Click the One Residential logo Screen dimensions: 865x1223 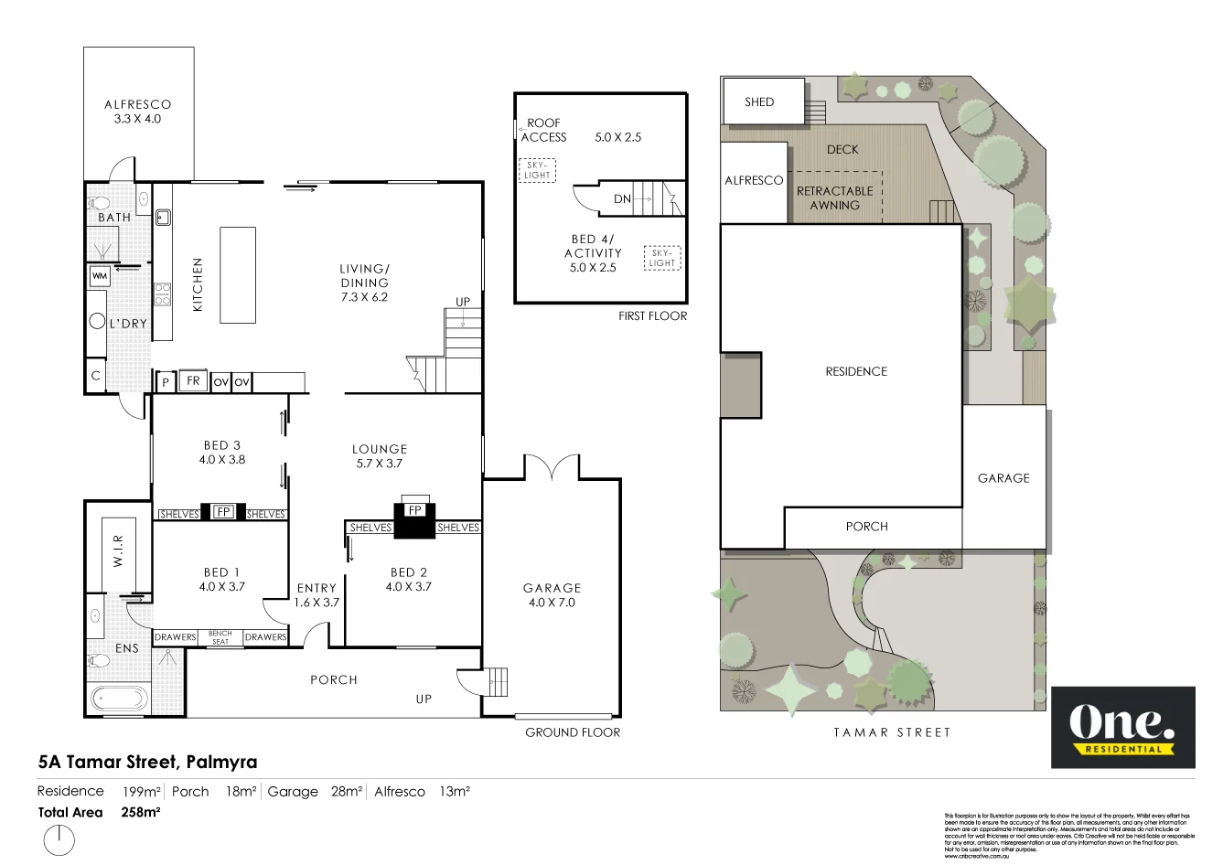click(x=1122, y=727)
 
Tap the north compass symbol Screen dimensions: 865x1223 click(x=59, y=839)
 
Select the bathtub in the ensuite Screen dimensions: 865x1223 click(x=119, y=699)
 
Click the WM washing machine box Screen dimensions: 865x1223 click(x=100, y=275)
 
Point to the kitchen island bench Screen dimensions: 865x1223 click(x=237, y=275)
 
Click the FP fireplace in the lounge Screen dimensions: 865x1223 click(x=415, y=510)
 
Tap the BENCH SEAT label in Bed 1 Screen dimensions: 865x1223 click(x=220, y=637)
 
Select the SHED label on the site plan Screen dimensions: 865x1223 click(x=759, y=101)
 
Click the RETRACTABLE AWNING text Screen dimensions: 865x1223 click(x=834, y=198)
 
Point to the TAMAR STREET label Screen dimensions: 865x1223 click(x=892, y=732)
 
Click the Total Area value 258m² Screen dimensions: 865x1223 click(x=141, y=812)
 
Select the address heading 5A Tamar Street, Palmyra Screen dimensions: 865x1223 click(x=147, y=762)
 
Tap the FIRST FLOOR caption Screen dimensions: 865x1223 click(x=652, y=315)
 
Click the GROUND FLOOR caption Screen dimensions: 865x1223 click(x=573, y=732)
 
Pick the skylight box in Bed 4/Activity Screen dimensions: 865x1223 click(x=662, y=258)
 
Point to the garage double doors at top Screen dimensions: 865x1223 click(x=552, y=467)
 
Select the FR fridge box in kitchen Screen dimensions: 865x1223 click(x=193, y=380)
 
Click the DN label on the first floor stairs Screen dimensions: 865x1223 click(x=622, y=198)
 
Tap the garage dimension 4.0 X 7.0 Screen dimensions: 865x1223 click(x=552, y=603)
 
